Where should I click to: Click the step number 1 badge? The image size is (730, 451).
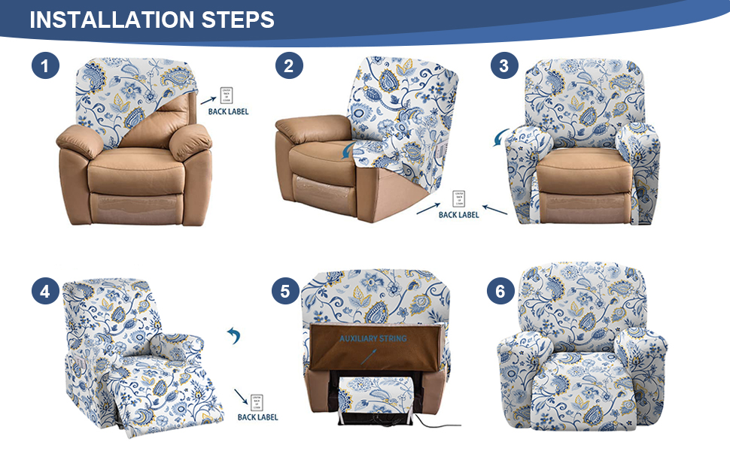[x=46, y=66]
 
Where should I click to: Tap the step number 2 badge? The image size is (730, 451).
[x=288, y=66]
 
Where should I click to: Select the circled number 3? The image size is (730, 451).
[x=503, y=66]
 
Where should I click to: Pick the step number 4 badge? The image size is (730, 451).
[x=46, y=292]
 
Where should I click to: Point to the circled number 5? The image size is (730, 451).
[x=285, y=292]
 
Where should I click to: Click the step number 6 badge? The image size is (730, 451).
[x=500, y=292]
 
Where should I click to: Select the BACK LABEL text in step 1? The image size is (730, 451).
[x=228, y=112]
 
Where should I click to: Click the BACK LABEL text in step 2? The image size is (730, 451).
[x=458, y=215]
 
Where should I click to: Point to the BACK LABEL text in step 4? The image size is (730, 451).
[x=257, y=417]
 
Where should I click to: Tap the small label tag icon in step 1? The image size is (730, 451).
[x=227, y=95]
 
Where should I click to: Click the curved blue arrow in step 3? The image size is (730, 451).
[x=499, y=138]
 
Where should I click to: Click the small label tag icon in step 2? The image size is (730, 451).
[x=458, y=198]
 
